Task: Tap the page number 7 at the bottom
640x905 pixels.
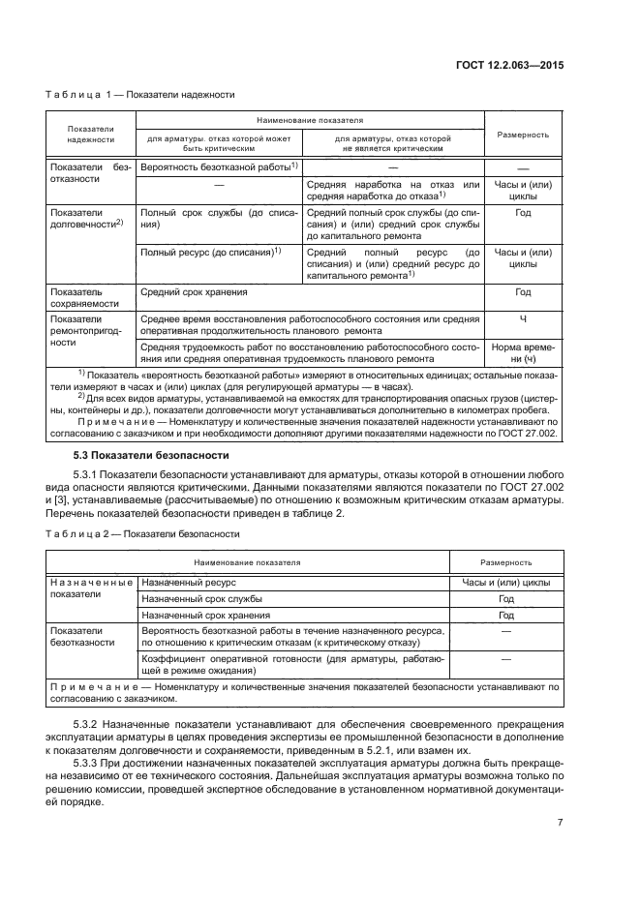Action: tap(560, 823)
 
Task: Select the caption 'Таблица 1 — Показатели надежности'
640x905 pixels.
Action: tap(139, 95)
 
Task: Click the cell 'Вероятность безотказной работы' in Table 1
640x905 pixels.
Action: tap(217, 167)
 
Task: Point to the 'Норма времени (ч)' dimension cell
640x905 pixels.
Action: tap(523, 352)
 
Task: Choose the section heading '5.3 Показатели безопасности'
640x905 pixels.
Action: tap(151, 455)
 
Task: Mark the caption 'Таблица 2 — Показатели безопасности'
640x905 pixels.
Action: tap(142, 533)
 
